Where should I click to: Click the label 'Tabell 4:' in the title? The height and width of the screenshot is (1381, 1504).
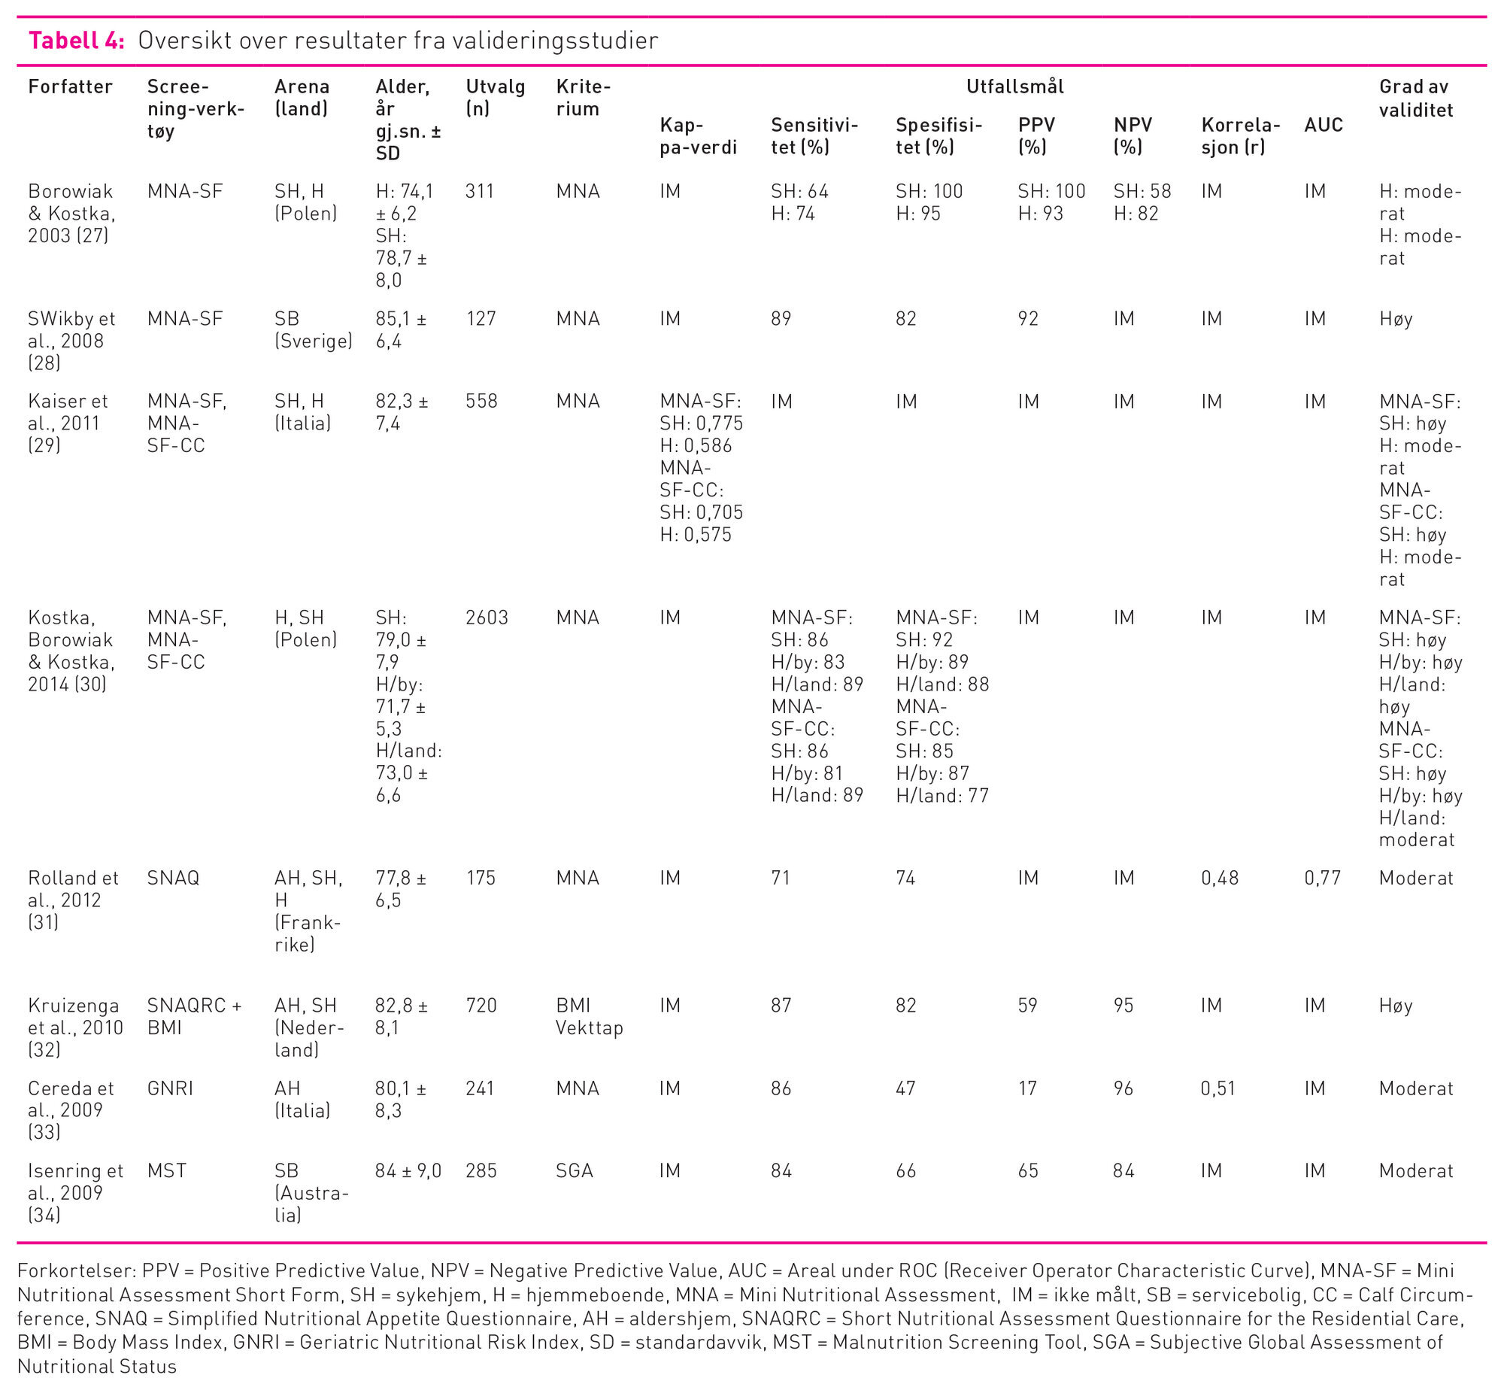(x=76, y=41)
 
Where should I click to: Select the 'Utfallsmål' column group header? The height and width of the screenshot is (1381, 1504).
(x=1014, y=87)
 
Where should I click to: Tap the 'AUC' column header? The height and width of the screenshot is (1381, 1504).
(x=1323, y=125)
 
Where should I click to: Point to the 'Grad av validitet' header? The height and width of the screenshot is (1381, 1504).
(x=1415, y=98)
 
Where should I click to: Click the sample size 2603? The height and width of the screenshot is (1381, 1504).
(x=487, y=618)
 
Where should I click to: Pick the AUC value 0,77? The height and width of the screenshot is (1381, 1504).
(x=1322, y=878)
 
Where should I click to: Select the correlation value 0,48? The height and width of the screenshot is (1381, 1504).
(x=1220, y=878)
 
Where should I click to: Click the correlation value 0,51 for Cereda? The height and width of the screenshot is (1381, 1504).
(x=1218, y=1088)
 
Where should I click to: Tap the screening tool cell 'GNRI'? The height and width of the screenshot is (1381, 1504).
(x=170, y=1088)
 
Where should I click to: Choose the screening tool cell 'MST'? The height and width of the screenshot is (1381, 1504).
(x=166, y=1170)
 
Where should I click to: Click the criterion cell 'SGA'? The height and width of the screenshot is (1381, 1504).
(x=575, y=1170)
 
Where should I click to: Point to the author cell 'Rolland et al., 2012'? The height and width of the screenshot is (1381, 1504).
(x=73, y=900)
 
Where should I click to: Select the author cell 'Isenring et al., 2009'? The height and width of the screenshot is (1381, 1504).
(x=75, y=1192)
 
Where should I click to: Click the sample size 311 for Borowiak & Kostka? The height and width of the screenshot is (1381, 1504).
(x=479, y=191)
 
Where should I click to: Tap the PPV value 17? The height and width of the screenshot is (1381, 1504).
(x=1027, y=1088)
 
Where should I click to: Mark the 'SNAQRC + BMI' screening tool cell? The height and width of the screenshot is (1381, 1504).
(x=194, y=1016)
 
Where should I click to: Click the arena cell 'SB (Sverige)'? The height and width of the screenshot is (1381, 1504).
(x=313, y=329)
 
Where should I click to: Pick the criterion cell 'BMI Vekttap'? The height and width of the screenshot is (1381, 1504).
(x=589, y=1016)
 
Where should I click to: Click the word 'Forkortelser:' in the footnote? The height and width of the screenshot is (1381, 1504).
(x=75, y=1270)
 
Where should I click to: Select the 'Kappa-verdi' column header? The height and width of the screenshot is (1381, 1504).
(x=698, y=136)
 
